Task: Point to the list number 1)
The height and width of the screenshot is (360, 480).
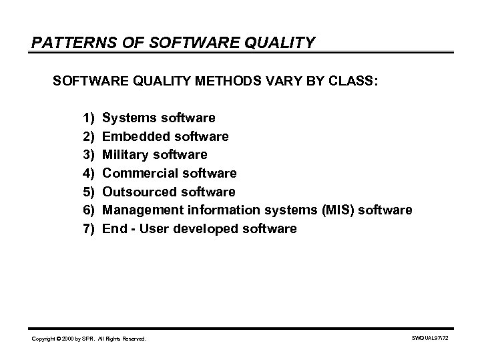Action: (x=89, y=118)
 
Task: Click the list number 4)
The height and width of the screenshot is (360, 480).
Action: (x=89, y=174)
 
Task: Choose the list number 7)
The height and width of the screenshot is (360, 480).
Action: (x=89, y=229)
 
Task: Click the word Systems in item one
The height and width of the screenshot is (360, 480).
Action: (x=128, y=118)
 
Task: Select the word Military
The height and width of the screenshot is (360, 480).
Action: (x=125, y=155)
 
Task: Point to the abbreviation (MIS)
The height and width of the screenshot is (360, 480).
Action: (x=340, y=210)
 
